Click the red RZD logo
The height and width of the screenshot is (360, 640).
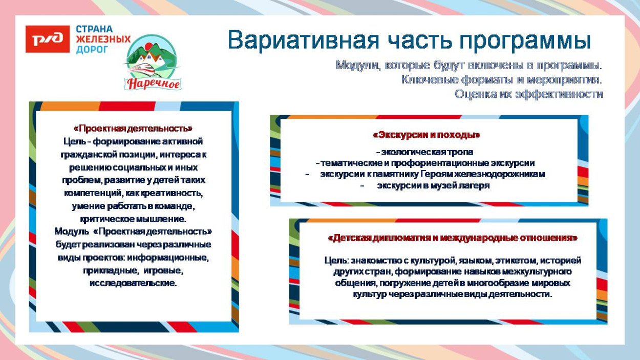tap(47, 39)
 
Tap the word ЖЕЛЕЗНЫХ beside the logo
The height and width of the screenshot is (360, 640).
tap(103, 39)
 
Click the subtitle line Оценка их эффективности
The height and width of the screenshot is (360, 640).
tap(528, 94)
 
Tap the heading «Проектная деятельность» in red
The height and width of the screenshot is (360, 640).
tap(133, 128)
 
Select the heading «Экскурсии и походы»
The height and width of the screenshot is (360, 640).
tap(426, 135)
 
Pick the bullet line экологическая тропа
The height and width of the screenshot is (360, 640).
tap(426, 152)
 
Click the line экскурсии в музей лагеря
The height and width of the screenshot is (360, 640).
tap(433, 185)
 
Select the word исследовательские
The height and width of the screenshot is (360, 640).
tap(133, 283)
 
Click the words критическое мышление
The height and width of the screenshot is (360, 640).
tap(133, 219)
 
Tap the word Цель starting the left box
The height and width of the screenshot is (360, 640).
tap(73, 141)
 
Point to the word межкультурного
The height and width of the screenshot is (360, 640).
tap(538, 272)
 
